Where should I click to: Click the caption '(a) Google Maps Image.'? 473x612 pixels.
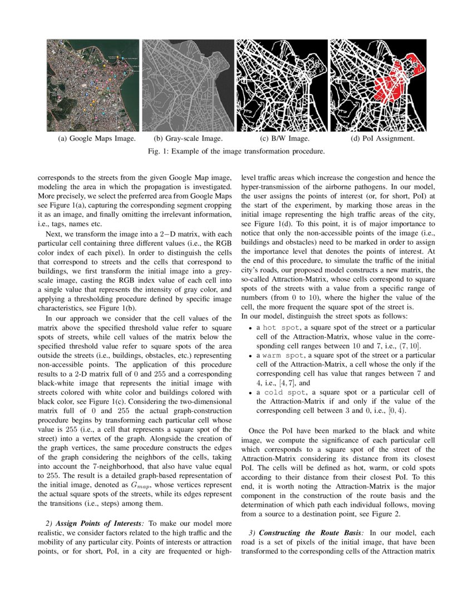point(93,139)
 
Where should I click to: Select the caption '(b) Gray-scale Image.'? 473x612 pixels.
point(188,139)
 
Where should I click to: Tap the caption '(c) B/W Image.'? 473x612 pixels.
point(284,139)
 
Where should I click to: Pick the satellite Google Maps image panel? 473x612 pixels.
point(93,85)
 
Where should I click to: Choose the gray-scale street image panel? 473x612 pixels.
point(188,85)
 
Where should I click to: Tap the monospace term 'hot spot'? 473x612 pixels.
point(279,328)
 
